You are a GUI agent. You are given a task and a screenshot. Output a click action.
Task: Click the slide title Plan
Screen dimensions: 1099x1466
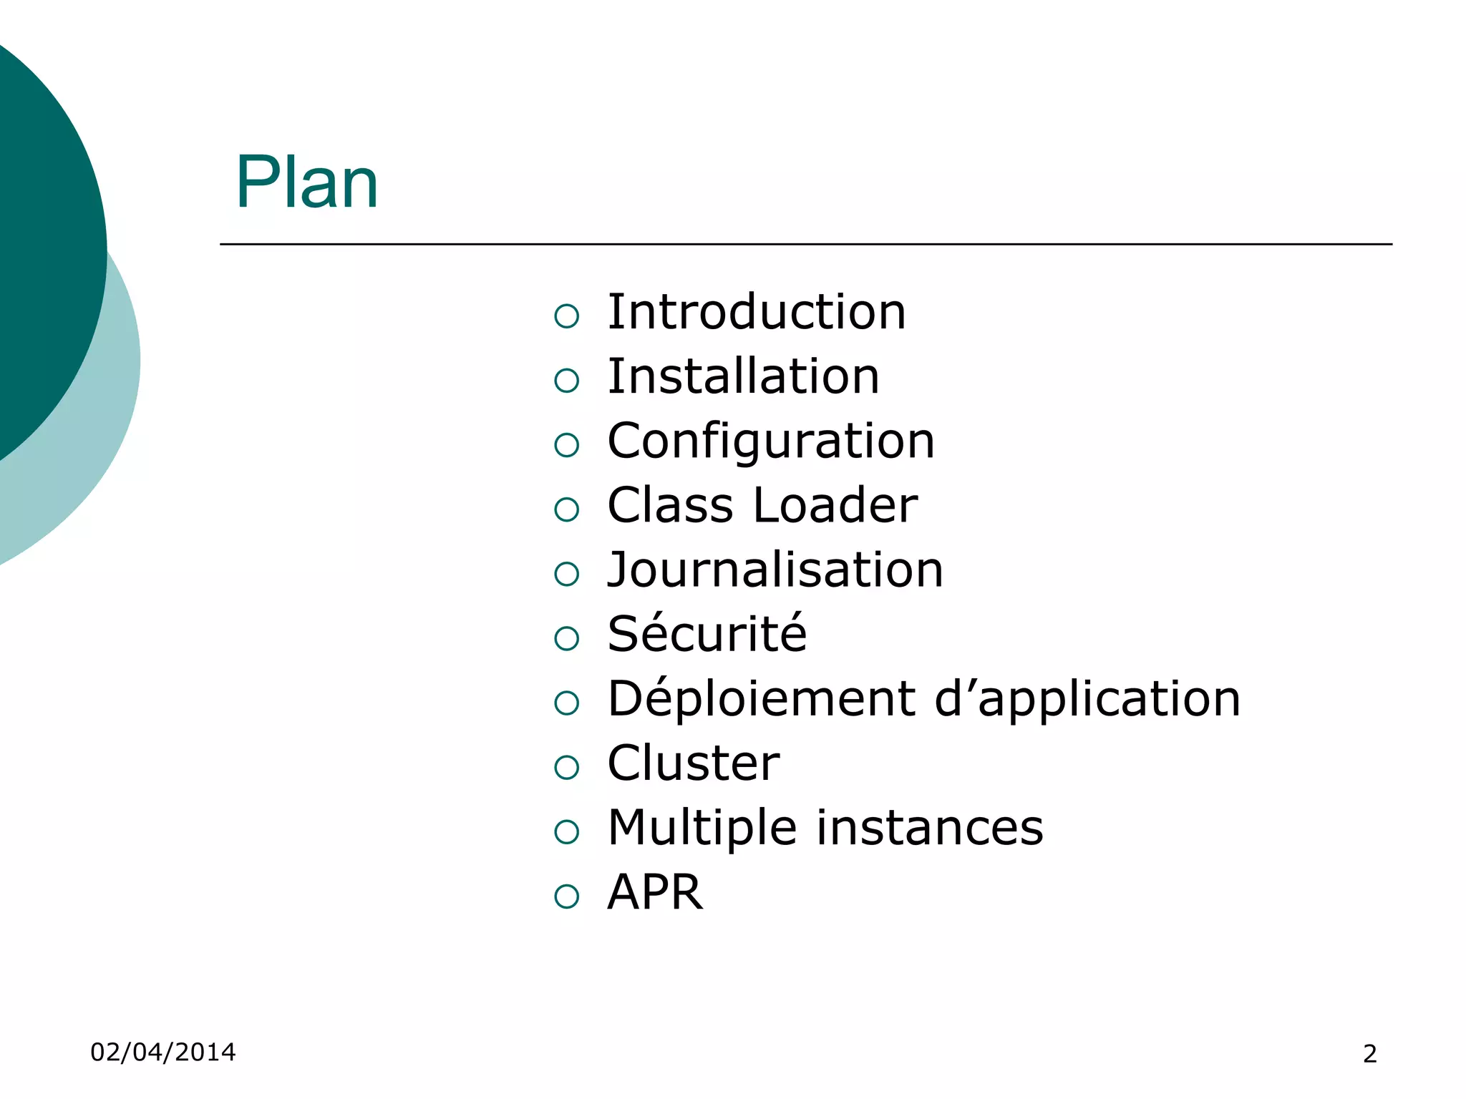[x=306, y=183]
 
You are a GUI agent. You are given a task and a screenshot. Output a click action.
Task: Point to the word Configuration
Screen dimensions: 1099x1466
[x=770, y=441]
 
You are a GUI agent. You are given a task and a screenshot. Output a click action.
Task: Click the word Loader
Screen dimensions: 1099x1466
[x=835, y=505]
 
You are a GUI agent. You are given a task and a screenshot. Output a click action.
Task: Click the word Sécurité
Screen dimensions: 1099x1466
[x=707, y=634]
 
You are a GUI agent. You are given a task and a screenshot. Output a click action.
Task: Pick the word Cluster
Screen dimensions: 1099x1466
[x=693, y=763]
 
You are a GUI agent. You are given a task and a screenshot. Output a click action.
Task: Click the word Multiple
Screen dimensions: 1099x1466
[x=702, y=827]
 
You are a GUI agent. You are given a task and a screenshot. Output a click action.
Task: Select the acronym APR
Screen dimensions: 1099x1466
[x=655, y=892]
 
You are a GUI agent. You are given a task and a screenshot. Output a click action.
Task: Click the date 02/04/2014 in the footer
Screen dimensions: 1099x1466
[x=162, y=1052]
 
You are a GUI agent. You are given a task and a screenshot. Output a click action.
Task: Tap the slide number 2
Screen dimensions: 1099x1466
[x=1369, y=1054]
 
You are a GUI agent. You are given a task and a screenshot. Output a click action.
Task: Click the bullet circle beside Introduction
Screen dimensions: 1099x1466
[x=566, y=316]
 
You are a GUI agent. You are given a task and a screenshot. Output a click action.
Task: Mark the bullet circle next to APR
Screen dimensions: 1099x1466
[x=566, y=897]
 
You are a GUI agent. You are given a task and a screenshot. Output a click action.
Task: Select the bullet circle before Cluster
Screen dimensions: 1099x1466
[x=566, y=768]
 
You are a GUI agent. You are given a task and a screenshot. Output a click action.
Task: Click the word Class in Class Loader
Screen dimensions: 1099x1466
[x=670, y=505]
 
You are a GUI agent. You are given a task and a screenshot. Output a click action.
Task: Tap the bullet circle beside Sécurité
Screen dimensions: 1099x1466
[x=566, y=639]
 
